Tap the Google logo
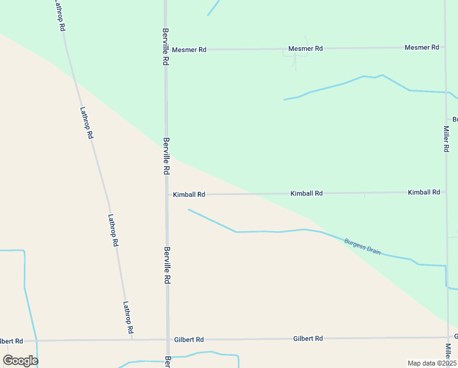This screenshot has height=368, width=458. click(x=20, y=360)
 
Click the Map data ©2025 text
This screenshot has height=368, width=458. click(x=432, y=363)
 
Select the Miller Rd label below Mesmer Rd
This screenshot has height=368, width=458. click(x=447, y=139)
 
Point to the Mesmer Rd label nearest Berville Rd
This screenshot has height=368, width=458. click(x=189, y=50)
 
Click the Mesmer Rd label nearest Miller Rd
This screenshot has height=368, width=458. click(x=422, y=47)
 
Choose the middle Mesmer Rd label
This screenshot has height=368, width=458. click(x=306, y=48)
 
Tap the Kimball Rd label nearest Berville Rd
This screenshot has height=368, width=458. click(x=189, y=194)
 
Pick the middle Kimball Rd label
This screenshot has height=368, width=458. click(x=306, y=193)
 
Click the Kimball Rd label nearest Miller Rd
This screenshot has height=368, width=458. click(x=424, y=192)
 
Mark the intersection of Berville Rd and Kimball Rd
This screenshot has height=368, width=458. click(x=167, y=194)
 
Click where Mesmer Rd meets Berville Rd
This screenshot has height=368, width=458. click(x=165, y=50)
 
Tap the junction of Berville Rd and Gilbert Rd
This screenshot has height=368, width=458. click(x=167, y=339)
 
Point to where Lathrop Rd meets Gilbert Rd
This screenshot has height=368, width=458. click(x=133, y=339)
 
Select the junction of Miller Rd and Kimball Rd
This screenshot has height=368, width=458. click(x=446, y=192)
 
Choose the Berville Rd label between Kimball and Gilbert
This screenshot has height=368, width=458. click(x=167, y=264)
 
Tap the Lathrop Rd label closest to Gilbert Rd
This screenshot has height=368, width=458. click(x=128, y=316)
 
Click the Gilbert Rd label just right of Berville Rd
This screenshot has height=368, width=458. click(x=189, y=339)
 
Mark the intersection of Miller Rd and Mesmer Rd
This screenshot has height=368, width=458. click(x=445, y=47)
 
